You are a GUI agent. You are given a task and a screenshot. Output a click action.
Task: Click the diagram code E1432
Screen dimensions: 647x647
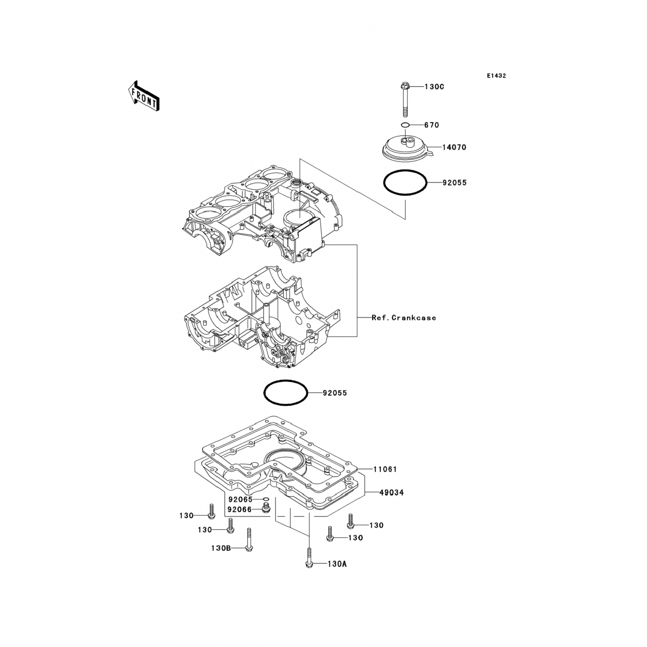[x=496, y=76]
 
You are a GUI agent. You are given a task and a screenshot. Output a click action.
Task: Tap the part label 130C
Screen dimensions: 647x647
[x=434, y=87]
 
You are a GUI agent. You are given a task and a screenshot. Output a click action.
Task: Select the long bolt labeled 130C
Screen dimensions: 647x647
[x=405, y=99]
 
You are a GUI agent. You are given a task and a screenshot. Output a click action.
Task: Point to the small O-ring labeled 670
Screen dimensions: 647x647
[x=405, y=125]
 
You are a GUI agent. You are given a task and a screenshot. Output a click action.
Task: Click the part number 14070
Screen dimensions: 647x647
[x=454, y=147]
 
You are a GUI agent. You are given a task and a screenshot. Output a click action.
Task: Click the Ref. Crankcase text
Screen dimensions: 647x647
[x=404, y=318]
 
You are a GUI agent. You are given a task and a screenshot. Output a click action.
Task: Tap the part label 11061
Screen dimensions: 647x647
[x=385, y=469]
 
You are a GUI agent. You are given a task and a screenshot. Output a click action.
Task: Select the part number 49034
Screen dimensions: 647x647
[x=392, y=492]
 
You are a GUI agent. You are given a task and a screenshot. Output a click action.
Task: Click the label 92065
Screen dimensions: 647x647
[x=240, y=499]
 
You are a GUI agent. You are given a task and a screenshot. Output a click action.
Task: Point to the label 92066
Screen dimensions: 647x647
[x=239, y=510]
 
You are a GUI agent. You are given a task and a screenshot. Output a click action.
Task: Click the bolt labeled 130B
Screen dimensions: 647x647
[x=248, y=539]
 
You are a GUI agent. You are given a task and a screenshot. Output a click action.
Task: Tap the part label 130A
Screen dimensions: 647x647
[x=337, y=564]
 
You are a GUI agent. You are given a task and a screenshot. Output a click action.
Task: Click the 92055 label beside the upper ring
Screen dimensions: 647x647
[x=455, y=183]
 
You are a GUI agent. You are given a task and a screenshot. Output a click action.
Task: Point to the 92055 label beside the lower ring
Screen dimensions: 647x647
[x=335, y=393]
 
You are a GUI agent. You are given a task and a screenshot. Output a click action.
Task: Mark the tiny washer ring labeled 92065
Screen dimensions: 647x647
[x=266, y=499]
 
